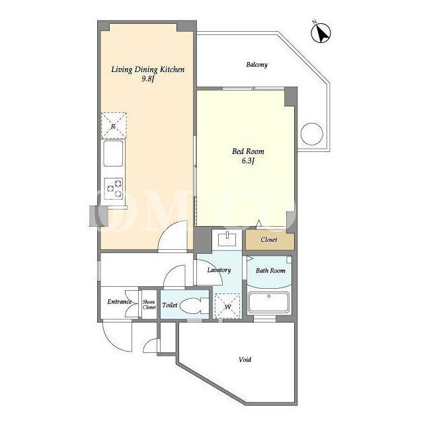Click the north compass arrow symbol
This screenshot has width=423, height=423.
(321, 32)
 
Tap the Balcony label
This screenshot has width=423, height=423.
(257, 65)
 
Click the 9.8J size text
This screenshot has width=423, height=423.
(148, 79)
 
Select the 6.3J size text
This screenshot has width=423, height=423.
(249, 161)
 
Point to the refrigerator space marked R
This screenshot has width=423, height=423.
(114, 126)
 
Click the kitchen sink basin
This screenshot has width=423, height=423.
(113, 153)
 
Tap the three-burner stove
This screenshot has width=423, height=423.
(114, 188)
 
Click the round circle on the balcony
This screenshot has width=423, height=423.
(312, 134)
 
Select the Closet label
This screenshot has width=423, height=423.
(269, 239)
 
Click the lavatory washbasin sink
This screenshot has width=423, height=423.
(227, 239)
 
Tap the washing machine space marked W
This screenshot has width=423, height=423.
(227, 306)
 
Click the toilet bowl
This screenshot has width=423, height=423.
(194, 306)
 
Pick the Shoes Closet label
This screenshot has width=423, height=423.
(149, 305)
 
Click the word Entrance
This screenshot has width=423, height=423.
(120, 301)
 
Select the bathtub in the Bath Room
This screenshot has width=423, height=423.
(269, 302)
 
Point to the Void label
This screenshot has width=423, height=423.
(245, 360)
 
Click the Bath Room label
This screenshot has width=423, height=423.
(270, 270)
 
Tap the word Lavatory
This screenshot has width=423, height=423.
(219, 270)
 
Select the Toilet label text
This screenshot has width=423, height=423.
(170, 305)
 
